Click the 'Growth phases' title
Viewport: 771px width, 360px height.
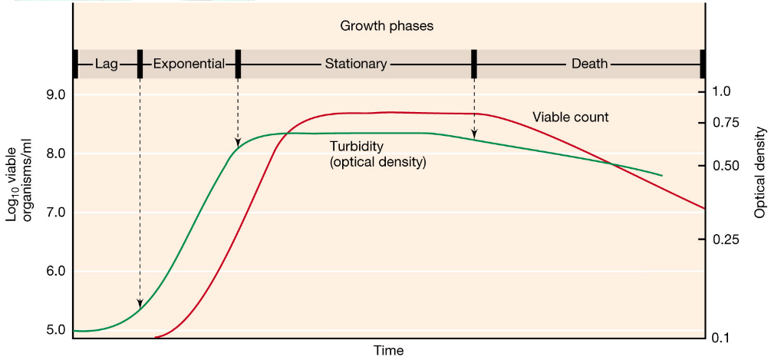[387, 27]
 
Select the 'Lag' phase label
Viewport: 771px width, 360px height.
[107, 64]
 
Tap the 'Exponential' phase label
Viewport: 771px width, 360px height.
[189, 64]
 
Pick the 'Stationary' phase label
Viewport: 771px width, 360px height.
[355, 64]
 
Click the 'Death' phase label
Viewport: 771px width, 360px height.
[589, 64]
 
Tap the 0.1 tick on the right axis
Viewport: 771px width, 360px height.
[723, 338]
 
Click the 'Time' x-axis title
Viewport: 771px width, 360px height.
[388, 351]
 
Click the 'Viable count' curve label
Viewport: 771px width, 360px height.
[570, 117]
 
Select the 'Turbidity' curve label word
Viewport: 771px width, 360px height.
[356, 147]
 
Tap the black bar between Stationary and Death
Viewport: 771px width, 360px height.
[474, 64]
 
